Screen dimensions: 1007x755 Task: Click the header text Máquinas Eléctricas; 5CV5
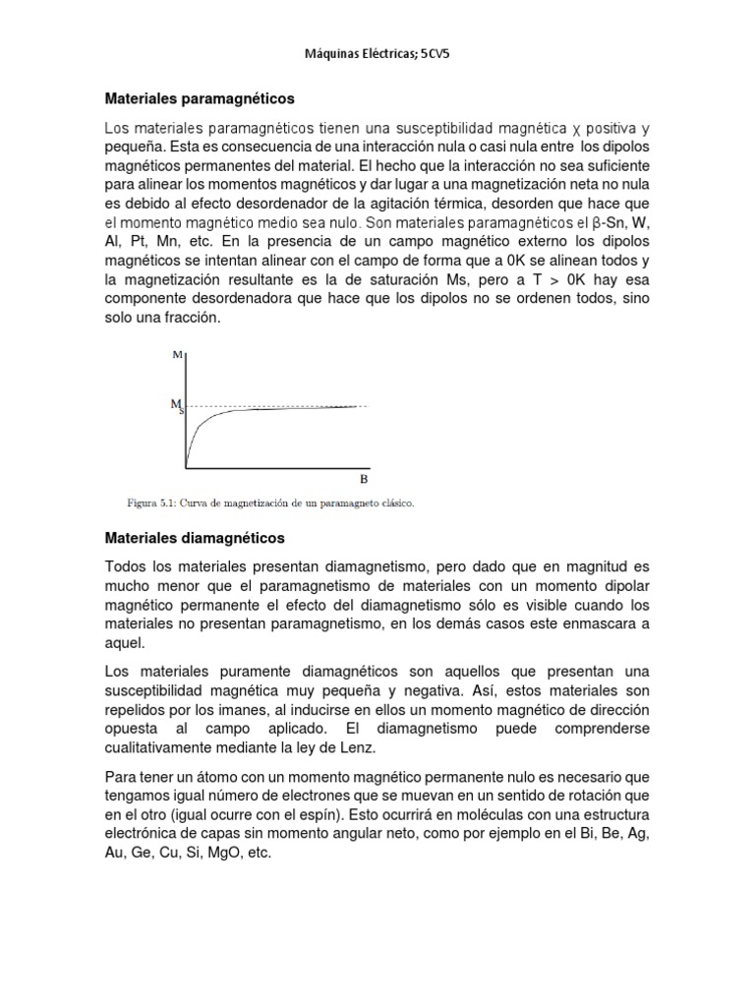tap(377, 56)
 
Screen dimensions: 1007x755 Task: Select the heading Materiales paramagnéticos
tap(200, 99)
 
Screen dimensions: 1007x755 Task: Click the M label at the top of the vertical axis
tap(177, 355)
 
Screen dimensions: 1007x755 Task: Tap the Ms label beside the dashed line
tap(177, 405)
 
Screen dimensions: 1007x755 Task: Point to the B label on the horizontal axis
tap(363, 479)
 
